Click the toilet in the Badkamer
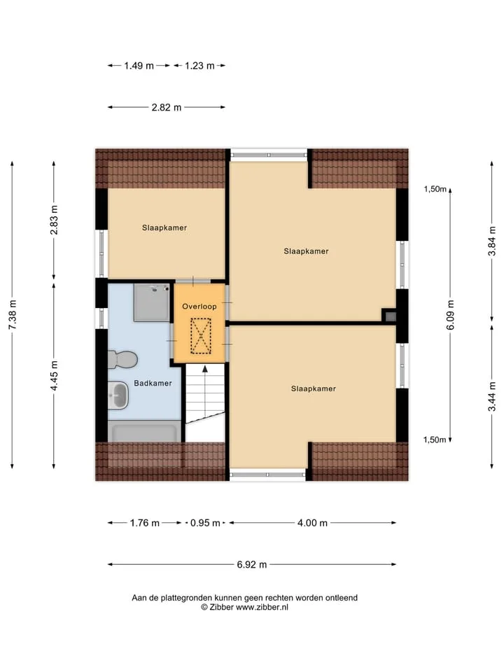122,360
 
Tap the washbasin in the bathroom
118,395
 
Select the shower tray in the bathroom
152,302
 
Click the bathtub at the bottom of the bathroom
144,431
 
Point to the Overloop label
199,307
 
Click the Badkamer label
153,383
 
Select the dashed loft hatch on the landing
201,336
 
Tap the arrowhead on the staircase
205,369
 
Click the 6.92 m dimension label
252,564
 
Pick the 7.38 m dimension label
12,315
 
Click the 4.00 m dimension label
312,523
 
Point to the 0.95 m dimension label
205,523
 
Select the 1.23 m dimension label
199,66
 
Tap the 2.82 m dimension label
167,107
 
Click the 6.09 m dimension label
450,315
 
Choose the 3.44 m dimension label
492,396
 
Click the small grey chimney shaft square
391,316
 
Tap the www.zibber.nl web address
262,608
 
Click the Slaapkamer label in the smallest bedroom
164,227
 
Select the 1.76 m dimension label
145,523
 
